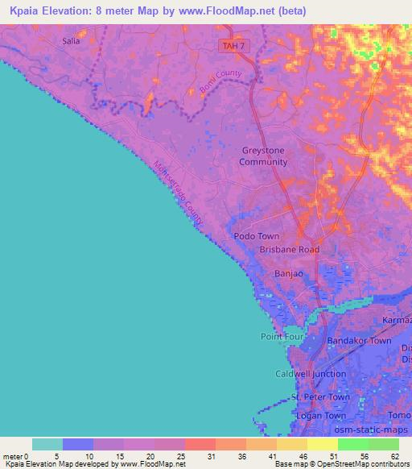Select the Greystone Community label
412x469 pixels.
263,156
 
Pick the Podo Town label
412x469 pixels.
257,236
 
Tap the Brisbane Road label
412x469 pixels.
289,250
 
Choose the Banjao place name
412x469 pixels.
289,274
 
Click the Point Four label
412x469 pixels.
280,336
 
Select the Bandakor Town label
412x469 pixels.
359,341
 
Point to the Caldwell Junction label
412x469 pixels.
311,374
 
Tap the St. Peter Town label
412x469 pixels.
321,397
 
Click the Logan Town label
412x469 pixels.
321,416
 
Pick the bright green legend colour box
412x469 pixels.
353,444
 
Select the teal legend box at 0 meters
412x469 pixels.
47,444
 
